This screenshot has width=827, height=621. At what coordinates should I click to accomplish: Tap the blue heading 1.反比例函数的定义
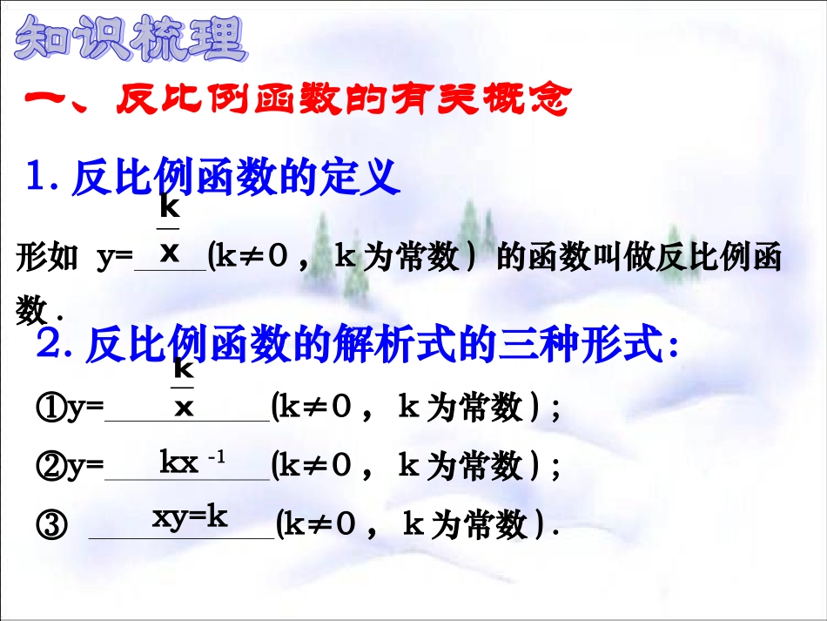pos(214,179)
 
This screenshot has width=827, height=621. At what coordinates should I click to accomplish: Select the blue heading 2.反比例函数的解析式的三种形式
pos(357,348)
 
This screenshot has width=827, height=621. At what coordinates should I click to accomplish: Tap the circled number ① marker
pos(50,408)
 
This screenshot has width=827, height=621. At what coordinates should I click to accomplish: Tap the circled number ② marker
pos(50,467)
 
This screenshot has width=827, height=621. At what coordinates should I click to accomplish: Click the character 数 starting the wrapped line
pos(31,309)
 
